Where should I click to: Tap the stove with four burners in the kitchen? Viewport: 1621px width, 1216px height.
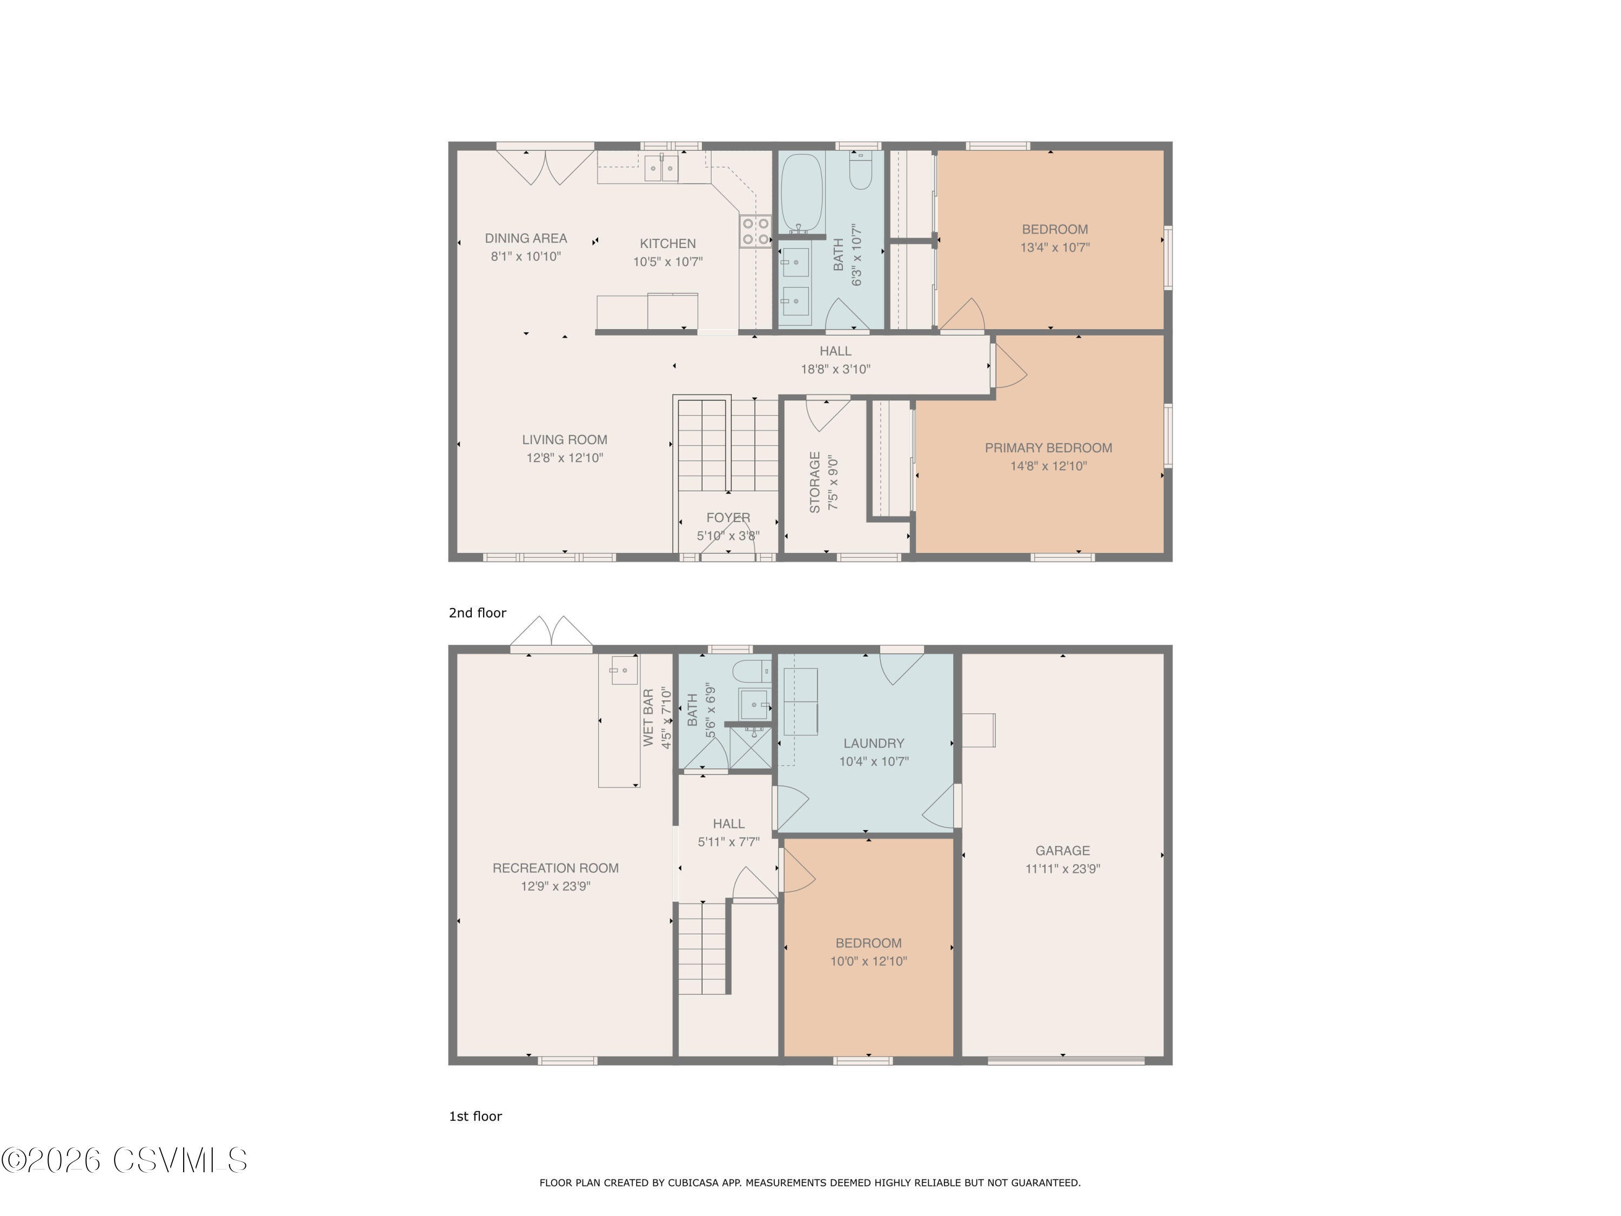(x=755, y=231)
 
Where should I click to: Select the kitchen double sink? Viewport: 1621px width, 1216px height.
(x=662, y=169)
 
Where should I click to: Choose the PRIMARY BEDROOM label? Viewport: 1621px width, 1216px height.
(x=1048, y=448)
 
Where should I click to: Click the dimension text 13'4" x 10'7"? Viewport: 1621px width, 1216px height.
(x=1055, y=248)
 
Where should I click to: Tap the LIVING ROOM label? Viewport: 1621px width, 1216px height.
(x=564, y=440)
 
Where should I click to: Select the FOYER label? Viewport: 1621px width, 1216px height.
(x=728, y=518)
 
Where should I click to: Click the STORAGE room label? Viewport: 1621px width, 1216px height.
(x=815, y=482)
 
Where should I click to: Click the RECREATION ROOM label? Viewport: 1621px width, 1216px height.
(x=555, y=868)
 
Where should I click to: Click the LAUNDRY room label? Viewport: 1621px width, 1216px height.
(x=874, y=743)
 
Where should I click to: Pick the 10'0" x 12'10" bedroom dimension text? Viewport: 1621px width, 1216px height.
(x=868, y=961)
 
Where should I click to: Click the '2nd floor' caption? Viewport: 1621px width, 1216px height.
(x=477, y=613)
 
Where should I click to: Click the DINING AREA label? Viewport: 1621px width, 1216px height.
(x=525, y=238)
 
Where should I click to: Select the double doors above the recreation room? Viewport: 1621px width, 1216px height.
(x=551, y=633)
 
